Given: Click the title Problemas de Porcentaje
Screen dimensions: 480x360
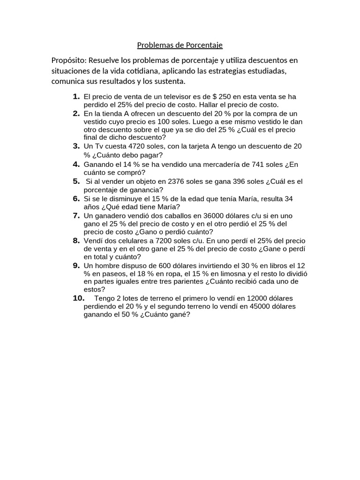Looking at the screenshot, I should (x=180, y=45).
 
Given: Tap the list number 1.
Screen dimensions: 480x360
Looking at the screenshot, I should (x=75, y=97).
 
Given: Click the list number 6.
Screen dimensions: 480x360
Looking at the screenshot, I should (x=75, y=199).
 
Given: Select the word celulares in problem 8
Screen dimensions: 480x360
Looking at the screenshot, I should (x=127, y=241).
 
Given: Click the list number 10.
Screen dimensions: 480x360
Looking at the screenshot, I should (x=77, y=298).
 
